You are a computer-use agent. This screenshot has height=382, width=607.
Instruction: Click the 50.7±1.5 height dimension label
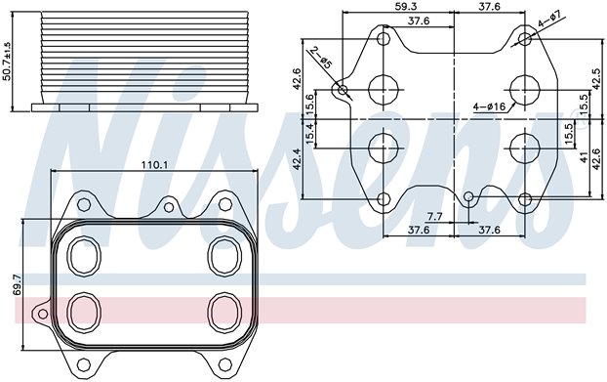(7, 61)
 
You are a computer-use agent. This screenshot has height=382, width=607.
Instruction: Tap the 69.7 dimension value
(18, 284)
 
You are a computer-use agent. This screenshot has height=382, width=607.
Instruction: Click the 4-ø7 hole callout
(549, 20)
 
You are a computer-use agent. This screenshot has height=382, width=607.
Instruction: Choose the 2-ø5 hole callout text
(322, 58)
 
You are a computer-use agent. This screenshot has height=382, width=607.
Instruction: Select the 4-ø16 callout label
(490, 106)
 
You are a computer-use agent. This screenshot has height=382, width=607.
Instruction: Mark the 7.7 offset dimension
(434, 217)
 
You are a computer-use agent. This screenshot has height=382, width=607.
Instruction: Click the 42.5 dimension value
(595, 78)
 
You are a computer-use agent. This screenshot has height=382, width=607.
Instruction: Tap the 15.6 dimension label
(310, 104)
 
